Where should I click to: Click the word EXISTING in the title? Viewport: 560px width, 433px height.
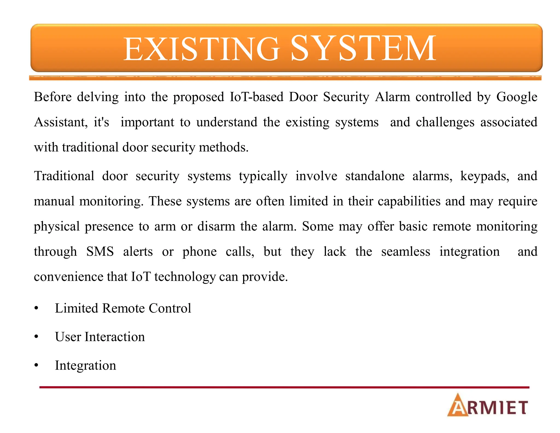tap(202, 49)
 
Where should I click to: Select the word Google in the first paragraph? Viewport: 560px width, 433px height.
tap(517, 97)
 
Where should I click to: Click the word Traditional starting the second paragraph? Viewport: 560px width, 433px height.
tap(64, 176)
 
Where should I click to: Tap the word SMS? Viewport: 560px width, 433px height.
tap(100, 251)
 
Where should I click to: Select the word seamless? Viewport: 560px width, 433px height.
tap(406, 251)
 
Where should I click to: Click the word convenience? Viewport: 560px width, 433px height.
tap(68, 276)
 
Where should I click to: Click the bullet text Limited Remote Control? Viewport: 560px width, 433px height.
tap(123, 308)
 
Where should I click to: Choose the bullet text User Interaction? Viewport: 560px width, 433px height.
tap(100, 337)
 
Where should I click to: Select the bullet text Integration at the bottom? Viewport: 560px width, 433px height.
tap(85, 365)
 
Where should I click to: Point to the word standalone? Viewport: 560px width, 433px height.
tap(375, 176)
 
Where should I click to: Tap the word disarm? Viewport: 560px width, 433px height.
tap(216, 226)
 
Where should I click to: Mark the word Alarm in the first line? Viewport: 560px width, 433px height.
tap(392, 97)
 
